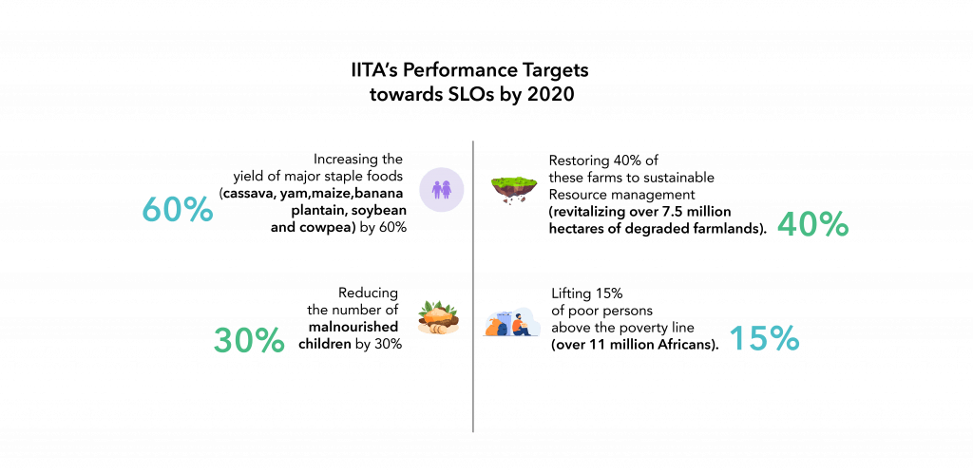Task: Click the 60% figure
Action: pyautogui.click(x=178, y=210)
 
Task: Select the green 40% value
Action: pyautogui.click(x=812, y=225)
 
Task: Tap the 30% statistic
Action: pyautogui.click(x=249, y=340)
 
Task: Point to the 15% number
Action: pyautogui.click(x=764, y=339)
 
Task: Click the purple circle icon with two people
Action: pyautogui.click(x=441, y=189)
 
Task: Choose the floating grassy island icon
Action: pyautogui.click(x=514, y=188)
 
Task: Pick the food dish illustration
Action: pyautogui.click(x=438, y=317)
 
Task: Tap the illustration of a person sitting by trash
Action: pyautogui.click(x=513, y=322)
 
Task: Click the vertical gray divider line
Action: pyautogui.click(x=473, y=285)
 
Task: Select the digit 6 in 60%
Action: pyautogui.click(x=152, y=210)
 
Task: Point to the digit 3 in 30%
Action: pyautogui.click(x=224, y=340)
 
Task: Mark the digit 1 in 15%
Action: pyautogui.click(x=735, y=339)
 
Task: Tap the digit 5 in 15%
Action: pyautogui.click(x=755, y=339)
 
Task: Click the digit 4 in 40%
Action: pyautogui.click(x=789, y=225)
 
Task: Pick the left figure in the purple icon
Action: pyautogui.click(x=435, y=189)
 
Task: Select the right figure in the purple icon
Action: pyautogui.click(x=447, y=189)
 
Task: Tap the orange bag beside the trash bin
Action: pyautogui.click(x=494, y=329)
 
